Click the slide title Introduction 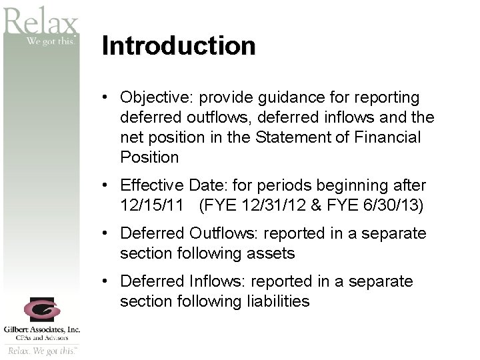tap(179, 46)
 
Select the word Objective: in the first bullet tap(155, 98)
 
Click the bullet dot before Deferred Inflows tap(106, 282)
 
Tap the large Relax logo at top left tap(40, 23)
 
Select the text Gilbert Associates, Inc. tap(41, 329)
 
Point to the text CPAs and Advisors tap(41, 337)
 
